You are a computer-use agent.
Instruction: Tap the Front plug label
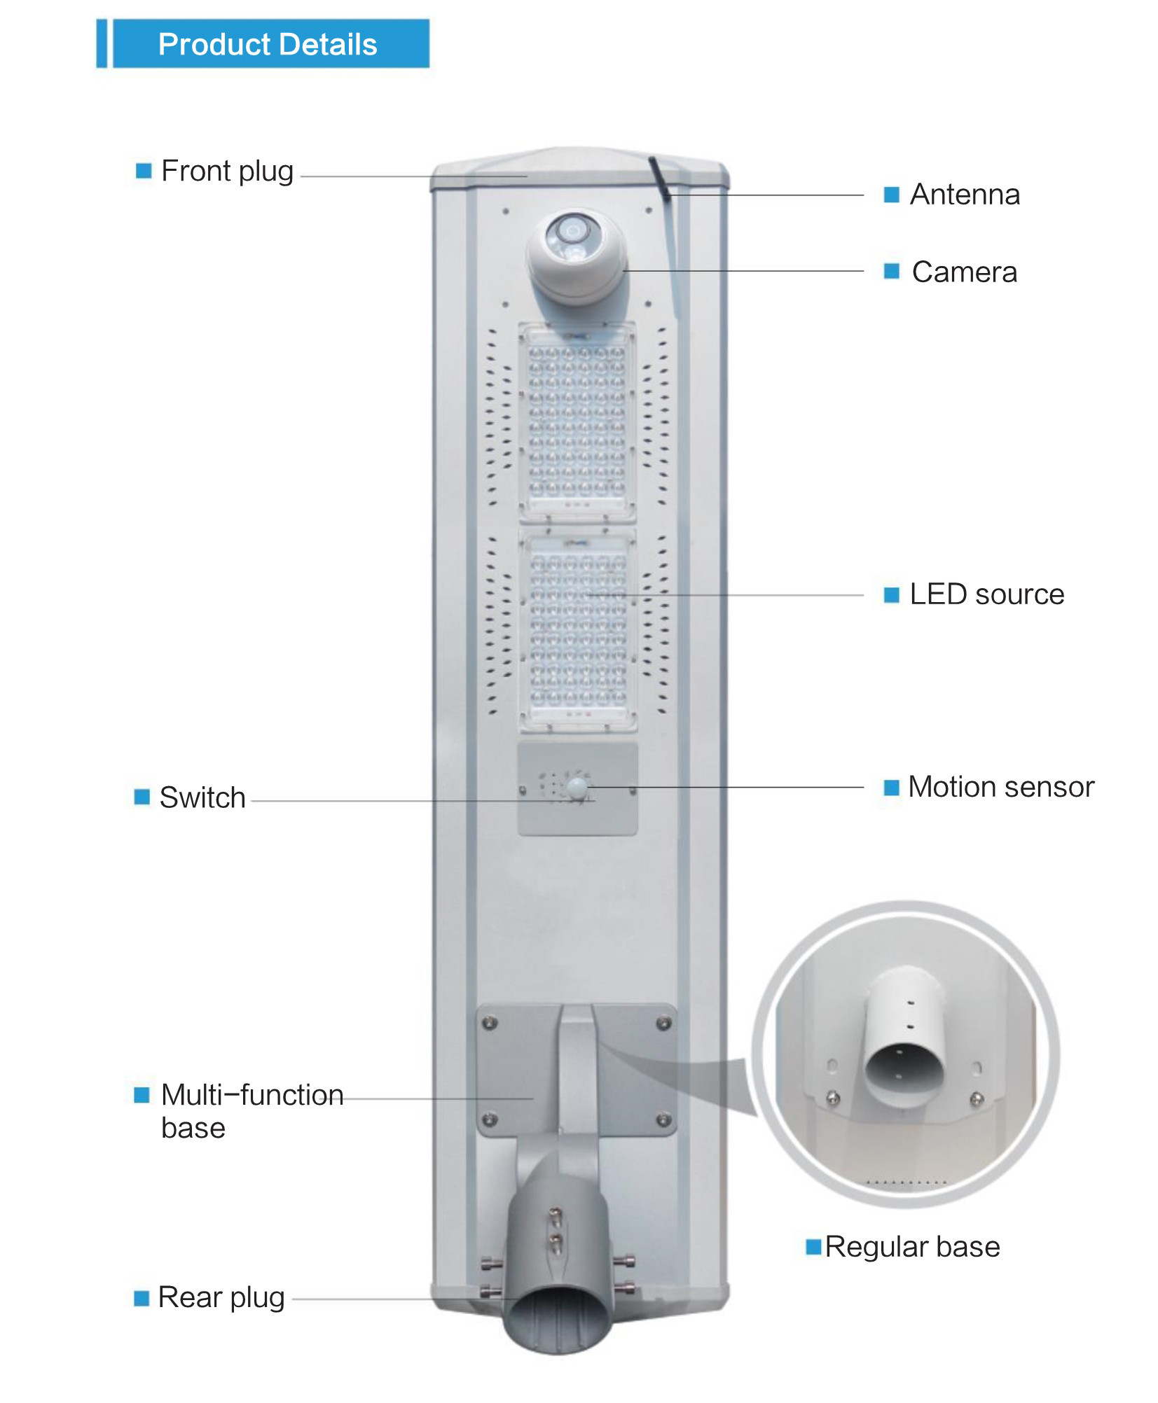click(x=227, y=171)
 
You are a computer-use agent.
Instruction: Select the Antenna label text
click(x=964, y=195)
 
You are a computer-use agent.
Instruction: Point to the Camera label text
click(x=964, y=272)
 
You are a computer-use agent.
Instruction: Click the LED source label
click(x=986, y=594)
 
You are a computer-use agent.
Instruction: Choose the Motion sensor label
click(x=1000, y=787)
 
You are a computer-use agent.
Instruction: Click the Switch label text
click(x=202, y=797)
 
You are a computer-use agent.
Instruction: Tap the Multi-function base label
click(x=251, y=1110)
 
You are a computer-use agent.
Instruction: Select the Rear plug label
click(x=221, y=1297)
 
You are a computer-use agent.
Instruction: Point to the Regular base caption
click(x=912, y=1247)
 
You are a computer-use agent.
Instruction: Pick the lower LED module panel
click(x=578, y=630)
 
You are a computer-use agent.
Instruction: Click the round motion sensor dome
click(x=577, y=787)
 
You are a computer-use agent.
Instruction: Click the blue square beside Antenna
click(x=891, y=195)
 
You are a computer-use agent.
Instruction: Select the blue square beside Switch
click(x=142, y=797)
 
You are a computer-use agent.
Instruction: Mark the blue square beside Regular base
click(x=813, y=1247)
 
